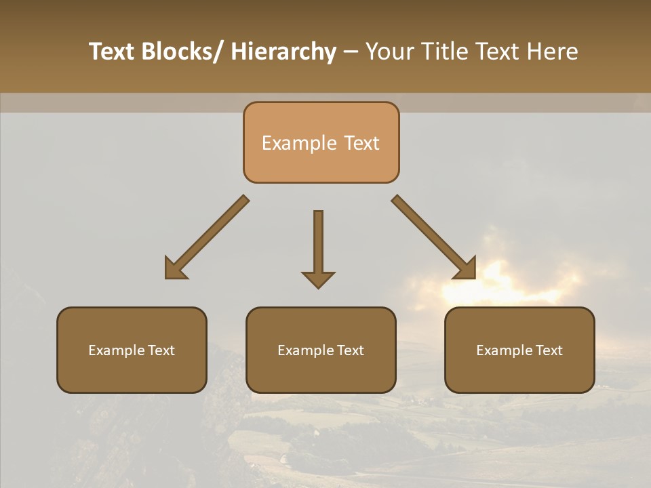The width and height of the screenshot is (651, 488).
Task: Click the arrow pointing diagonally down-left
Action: [207, 238]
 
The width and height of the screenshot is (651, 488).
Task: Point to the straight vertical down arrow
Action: [318, 244]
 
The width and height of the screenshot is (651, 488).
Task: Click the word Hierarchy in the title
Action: [283, 52]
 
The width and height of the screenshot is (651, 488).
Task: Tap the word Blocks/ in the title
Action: [181, 52]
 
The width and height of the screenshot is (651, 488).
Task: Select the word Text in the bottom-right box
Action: [548, 350]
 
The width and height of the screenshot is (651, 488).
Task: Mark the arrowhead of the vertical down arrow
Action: [318, 279]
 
